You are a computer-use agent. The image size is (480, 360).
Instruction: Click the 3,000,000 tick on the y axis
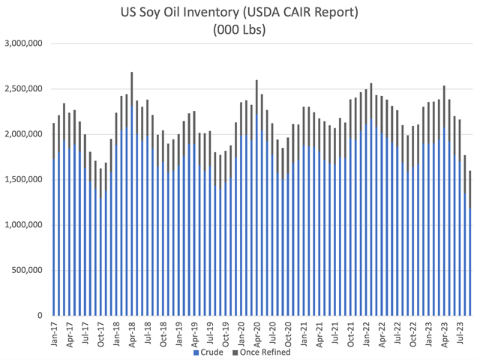pos(26,43)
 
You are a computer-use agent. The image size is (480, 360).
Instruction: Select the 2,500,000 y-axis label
pos(26,88)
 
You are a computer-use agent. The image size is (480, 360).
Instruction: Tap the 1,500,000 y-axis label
pos(26,179)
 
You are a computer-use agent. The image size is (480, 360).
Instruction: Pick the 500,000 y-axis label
pos(30,270)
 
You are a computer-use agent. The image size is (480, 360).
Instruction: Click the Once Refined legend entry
pos(265,351)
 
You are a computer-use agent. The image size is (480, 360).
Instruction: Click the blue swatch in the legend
pos(196,351)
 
